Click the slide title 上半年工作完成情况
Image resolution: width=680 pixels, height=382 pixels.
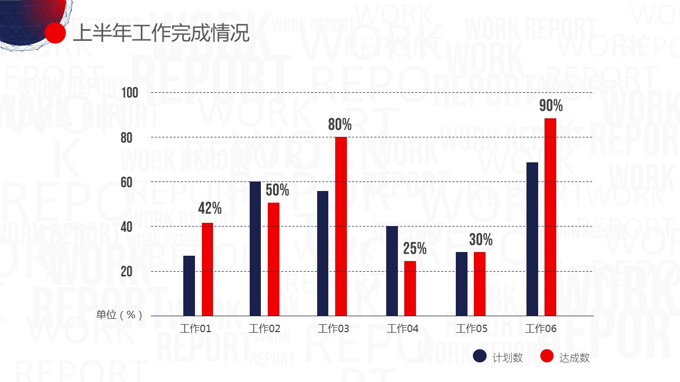160,33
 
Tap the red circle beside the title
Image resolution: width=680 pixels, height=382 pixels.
55,33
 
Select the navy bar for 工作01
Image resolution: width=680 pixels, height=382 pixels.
189,285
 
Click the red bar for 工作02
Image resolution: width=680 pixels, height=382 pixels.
274,259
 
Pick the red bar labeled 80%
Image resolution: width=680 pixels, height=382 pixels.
341,226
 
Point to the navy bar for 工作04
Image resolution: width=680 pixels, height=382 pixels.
392,271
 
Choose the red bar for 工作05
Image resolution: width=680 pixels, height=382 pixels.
480,284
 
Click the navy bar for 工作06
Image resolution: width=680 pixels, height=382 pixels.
532,239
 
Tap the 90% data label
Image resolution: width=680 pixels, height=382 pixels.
551,106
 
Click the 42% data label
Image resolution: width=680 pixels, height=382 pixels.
210,209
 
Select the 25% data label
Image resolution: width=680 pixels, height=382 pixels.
415,248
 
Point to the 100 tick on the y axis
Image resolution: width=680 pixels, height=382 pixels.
130,93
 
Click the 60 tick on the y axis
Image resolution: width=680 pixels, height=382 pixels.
126,183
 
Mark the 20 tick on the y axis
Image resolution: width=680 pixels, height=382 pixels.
126,272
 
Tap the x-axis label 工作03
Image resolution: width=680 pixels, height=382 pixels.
334,329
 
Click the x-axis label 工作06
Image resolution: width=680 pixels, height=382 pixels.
541,329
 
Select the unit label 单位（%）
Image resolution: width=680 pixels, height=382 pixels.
119,315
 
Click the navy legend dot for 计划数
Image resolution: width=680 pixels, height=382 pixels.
480,357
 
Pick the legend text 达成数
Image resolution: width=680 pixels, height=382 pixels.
574,358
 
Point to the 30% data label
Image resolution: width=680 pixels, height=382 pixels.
481,240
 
